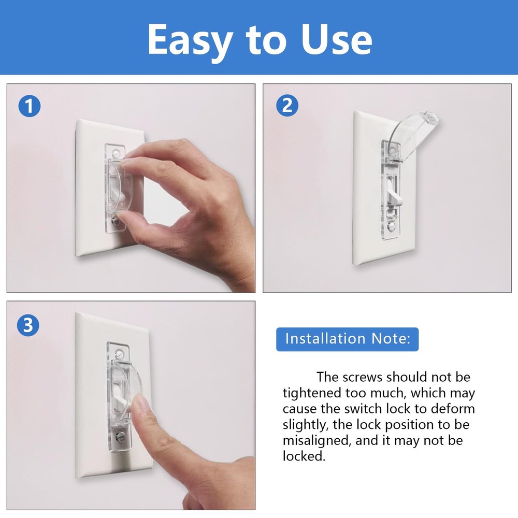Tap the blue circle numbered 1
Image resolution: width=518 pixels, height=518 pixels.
coord(29,107)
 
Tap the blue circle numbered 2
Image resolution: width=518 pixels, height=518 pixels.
coord(287,106)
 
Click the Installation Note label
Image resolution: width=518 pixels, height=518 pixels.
coord(347,339)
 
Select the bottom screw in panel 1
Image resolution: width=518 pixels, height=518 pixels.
coord(117,222)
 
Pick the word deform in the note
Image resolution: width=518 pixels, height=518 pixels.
coord(449,409)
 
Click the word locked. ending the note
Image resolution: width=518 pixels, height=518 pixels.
coord(305,456)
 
